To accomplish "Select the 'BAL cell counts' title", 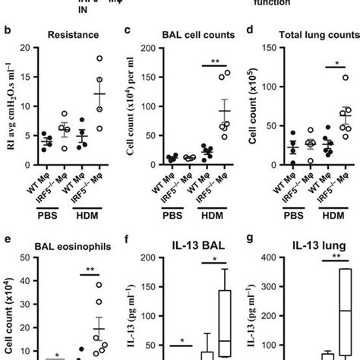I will (180, 34).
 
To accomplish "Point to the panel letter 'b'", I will (6, 31).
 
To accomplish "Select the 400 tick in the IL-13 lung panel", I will (258, 259).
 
